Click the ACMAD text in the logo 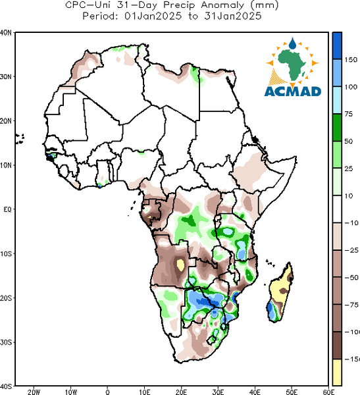(x=293, y=92)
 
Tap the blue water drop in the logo (x=292, y=43)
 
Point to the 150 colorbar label (x=351, y=60)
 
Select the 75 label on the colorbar (x=349, y=114)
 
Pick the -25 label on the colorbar (x=351, y=250)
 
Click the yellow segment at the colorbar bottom (x=337, y=372)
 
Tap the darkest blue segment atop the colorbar (x=337, y=46)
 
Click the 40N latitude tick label (x=5, y=33)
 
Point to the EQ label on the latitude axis (x=7, y=209)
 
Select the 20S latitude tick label (x=6, y=298)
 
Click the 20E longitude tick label (x=181, y=392)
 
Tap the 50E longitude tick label (x=292, y=392)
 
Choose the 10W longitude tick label (x=71, y=392)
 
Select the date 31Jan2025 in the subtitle (x=233, y=16)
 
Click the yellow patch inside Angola (x=180, y=265)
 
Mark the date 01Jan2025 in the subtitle (x=153, y=16)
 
